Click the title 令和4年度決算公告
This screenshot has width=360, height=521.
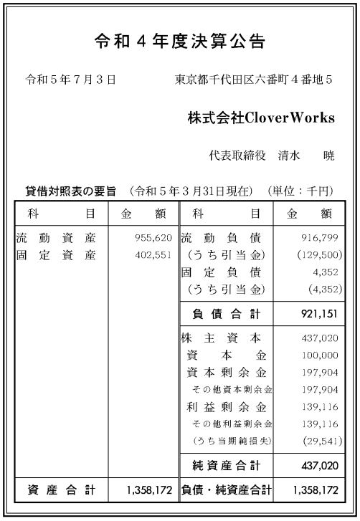tap(180, 42)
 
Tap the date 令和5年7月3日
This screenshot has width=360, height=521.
tap(70, 80)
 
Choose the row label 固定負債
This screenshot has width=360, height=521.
tap(221, 272)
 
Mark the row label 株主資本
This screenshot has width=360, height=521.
tap(221, 338)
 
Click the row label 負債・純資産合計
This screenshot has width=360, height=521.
tap(226, 491)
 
